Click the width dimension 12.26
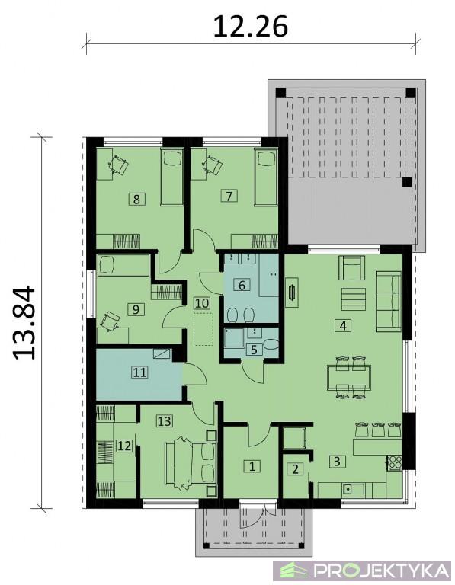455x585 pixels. (x=251, y=27)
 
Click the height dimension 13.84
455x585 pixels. (x=24, y=323)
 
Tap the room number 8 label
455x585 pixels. (x=136, y=199)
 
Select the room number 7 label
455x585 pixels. (x=229, y=196)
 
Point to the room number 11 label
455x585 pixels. (x=140, y=372)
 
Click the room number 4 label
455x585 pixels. (x=343, y=326)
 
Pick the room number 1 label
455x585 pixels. (x=252, y=466)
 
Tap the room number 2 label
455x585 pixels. (x=295, y=469)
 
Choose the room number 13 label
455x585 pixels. (x=164, y=421)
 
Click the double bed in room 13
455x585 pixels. (x=191, y=463)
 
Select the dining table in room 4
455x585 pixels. (x=349, y=378)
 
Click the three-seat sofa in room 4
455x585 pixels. (x=389, y=302)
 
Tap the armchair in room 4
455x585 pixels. (x=351, y=267)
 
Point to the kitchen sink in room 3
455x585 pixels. (x=353, y=489)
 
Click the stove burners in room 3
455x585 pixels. (x=394, y=462)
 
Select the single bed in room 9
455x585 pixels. (x=123, y=265)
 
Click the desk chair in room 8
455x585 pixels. (x=119, y=165)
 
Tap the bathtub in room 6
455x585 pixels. (x=269, y=275)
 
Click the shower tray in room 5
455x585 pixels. (x=235, y=338)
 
